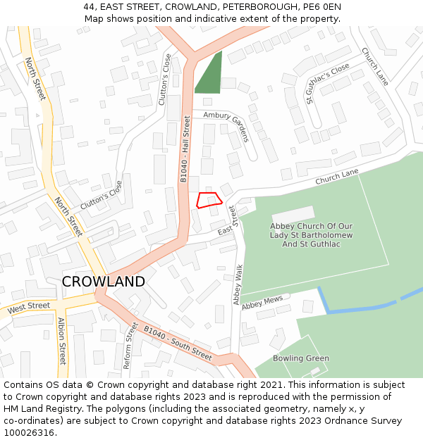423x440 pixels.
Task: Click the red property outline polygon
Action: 209,200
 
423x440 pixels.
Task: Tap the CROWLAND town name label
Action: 103,282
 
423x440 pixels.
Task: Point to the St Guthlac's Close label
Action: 328,83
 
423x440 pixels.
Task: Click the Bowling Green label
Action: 301,358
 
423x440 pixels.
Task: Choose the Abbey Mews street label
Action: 262,303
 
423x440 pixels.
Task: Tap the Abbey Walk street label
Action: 238,284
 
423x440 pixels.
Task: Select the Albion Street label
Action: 62,341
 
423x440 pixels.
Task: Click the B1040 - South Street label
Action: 178,343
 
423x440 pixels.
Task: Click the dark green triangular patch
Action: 211,76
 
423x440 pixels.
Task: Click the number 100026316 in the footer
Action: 29,432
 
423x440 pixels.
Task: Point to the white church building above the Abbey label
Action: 293,214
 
